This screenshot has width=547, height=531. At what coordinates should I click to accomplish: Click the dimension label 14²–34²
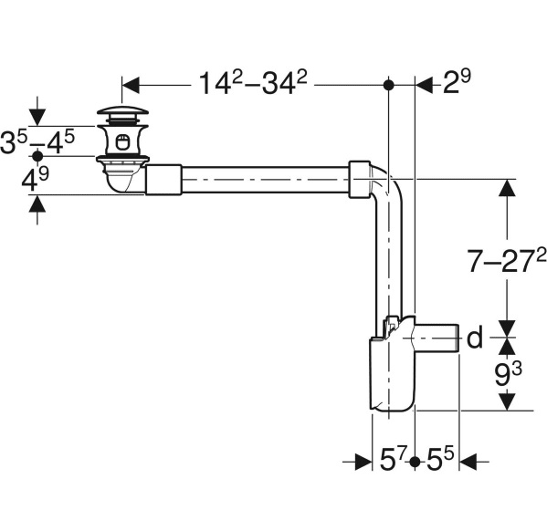point(253,83)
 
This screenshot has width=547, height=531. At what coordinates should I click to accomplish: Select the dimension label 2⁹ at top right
point(457,81)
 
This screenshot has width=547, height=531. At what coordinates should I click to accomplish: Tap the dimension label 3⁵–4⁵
point(37,141)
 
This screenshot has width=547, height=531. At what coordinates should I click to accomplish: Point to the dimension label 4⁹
point(36,179)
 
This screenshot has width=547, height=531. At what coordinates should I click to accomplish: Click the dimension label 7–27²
point(507,261)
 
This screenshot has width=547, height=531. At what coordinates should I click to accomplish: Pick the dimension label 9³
point(509,374)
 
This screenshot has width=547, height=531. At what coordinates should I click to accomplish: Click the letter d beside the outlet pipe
point(475,338)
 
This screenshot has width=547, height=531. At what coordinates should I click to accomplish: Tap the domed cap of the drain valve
point(122,111)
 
